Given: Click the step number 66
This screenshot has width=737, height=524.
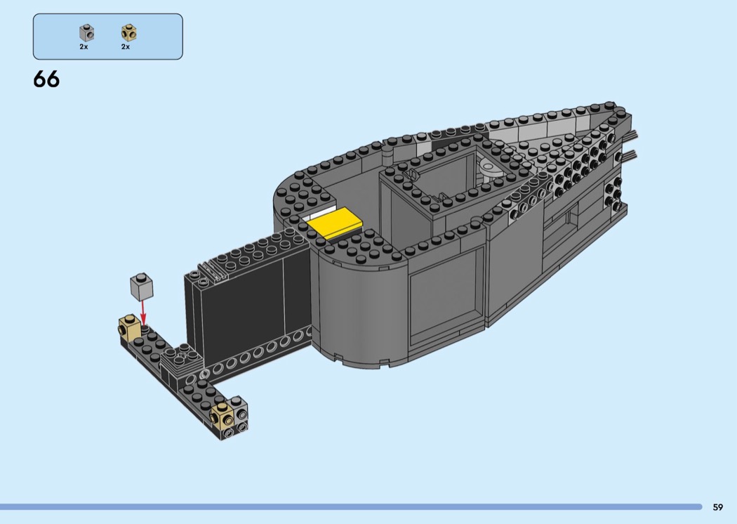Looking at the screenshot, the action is point(46,79).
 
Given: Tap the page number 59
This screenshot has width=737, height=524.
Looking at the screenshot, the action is point(718,507).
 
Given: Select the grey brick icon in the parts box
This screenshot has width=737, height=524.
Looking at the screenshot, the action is point(86,33).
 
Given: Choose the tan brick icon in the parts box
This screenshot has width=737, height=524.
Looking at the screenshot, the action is point(128,33).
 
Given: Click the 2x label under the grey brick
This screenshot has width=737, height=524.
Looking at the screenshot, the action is point(84,46).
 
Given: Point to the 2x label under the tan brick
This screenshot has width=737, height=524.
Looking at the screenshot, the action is point(126,46).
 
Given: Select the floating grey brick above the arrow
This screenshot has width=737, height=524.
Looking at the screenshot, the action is point(142,287).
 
